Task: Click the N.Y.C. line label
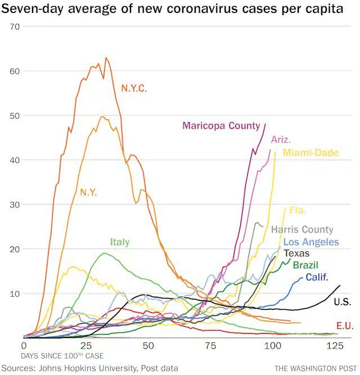(x=134, y=88)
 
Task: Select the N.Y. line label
(x=88, y=192)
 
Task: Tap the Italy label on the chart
(x=120, y=242)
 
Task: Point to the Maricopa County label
(x=221, y=126)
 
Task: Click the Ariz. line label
(x=281, y=139)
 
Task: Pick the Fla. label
(x=298, y=211)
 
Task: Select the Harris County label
(x=302, y=229)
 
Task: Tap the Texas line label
(x=296, y=254)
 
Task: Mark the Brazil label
(x=305, y=265)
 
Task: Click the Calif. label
(x=317, y=277)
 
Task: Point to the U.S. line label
(x=343, y=302)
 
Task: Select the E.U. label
(x=344, y=326)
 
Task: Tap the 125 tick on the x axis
(x=336, y=345)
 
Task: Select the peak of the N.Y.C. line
(x=106, y=57)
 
